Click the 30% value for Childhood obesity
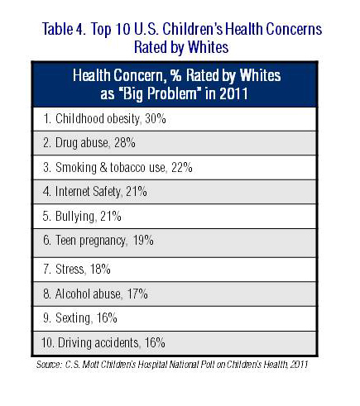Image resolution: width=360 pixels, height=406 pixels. point(156,119)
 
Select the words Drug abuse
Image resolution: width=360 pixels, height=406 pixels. point(82,143)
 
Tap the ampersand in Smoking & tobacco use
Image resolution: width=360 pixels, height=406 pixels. point(103,167)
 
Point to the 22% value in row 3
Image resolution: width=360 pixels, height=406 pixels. point(182,168)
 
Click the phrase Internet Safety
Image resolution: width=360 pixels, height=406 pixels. point(88,192)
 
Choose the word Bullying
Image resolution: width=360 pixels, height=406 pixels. point(74,217)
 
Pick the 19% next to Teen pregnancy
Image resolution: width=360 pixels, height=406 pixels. point(143,241)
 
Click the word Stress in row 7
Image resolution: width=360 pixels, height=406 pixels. point(70,269)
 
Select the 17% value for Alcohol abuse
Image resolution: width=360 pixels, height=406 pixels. point(137,294)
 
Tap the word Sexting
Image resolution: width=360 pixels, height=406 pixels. point(73,318)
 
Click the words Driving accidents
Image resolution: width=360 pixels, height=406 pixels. point(98,343)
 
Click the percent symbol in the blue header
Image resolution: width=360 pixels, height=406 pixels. point(175,75)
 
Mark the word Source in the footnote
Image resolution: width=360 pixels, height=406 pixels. point(49,365)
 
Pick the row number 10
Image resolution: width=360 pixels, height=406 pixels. point(47,343)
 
